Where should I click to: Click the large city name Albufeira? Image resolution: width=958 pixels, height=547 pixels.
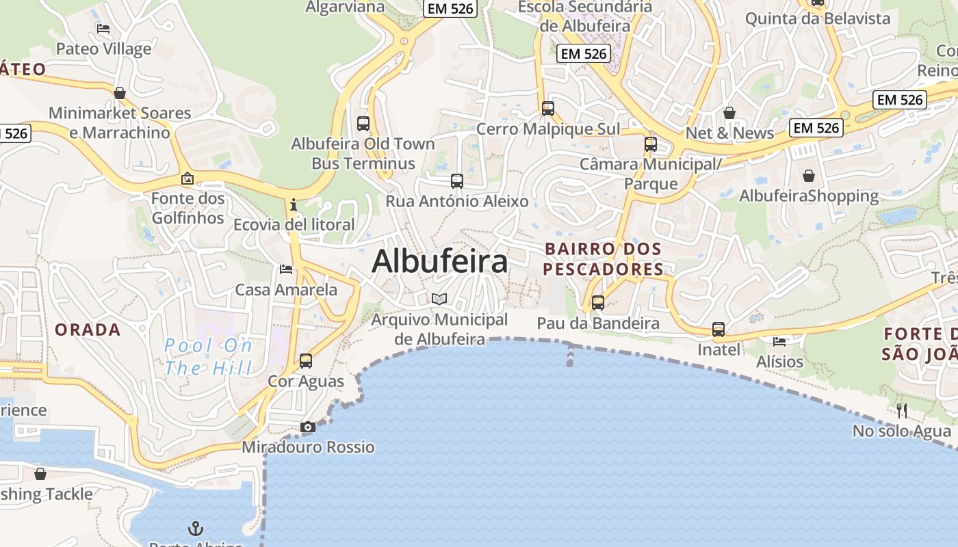pos(440,261)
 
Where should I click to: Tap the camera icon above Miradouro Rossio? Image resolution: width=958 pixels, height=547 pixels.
pos(308,427)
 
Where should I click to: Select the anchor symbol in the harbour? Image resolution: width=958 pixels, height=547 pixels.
pos(196,529)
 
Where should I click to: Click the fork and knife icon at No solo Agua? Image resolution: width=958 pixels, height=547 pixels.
pos(902,410)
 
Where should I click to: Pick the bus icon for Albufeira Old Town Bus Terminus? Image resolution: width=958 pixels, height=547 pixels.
pos(363,124)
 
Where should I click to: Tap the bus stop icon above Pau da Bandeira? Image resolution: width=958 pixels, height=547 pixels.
pos(598,303)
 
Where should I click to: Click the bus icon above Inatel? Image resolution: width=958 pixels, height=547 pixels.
pos(718,330)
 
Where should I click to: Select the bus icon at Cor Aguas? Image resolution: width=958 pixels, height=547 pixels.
pos(306,360)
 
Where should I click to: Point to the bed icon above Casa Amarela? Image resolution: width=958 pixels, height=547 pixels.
pos(286,269)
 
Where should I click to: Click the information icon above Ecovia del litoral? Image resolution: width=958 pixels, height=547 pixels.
pos(294,204)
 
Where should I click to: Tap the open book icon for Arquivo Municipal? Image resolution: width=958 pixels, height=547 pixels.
pos(439,299)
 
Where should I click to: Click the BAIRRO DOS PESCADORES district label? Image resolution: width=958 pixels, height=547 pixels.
pos(603,258)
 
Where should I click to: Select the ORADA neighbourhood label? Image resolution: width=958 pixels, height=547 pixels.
pos(88,330)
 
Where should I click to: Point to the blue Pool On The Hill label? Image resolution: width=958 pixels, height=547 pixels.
pos(209,356)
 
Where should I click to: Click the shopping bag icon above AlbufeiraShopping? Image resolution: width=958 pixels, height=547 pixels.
pos(809,176)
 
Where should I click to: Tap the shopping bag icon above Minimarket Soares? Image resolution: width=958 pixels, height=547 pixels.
pos(120,93)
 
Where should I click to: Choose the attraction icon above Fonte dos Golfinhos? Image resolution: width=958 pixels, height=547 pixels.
pos(187,178)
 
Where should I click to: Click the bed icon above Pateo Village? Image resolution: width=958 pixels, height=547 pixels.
pos(103,29)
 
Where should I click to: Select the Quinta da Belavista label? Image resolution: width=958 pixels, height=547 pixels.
pos(818,18)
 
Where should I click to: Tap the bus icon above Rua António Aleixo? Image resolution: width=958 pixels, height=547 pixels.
pos(457,181)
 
